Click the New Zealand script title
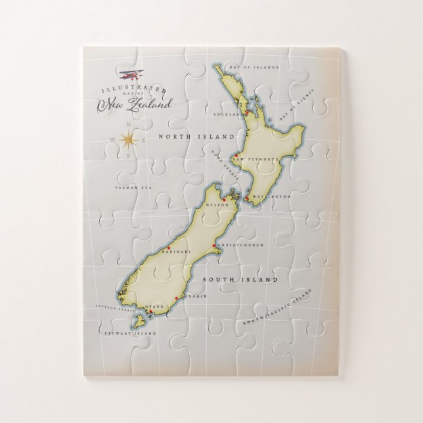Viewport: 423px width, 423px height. click(135, 104)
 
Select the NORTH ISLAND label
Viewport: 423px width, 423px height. click(196, 137)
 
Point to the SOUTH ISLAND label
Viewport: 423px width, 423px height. click(240, 280)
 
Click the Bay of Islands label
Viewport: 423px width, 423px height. click(253, 67)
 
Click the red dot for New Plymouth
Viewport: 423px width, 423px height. click(233, 157)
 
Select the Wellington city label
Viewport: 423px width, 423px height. click(270, 197)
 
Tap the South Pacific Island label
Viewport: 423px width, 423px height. click(275, 311)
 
